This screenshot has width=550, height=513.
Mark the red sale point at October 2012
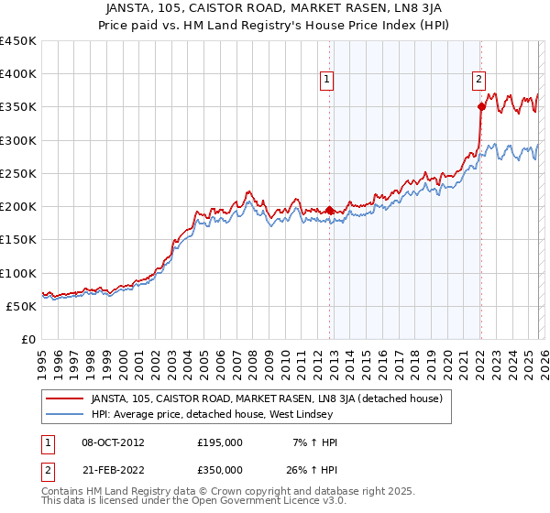click(329, 210)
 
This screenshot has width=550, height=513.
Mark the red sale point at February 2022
click(480, 107)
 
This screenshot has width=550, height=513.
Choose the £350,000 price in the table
click(220, 469)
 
